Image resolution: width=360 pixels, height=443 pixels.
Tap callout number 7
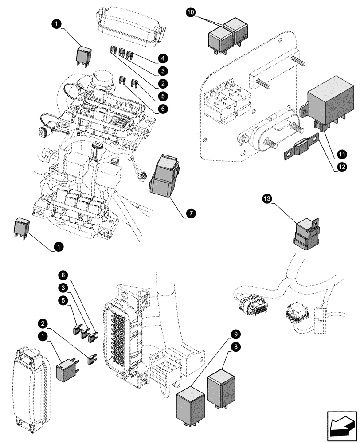coord(190,214)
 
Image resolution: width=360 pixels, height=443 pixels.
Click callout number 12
coord(341,168)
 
